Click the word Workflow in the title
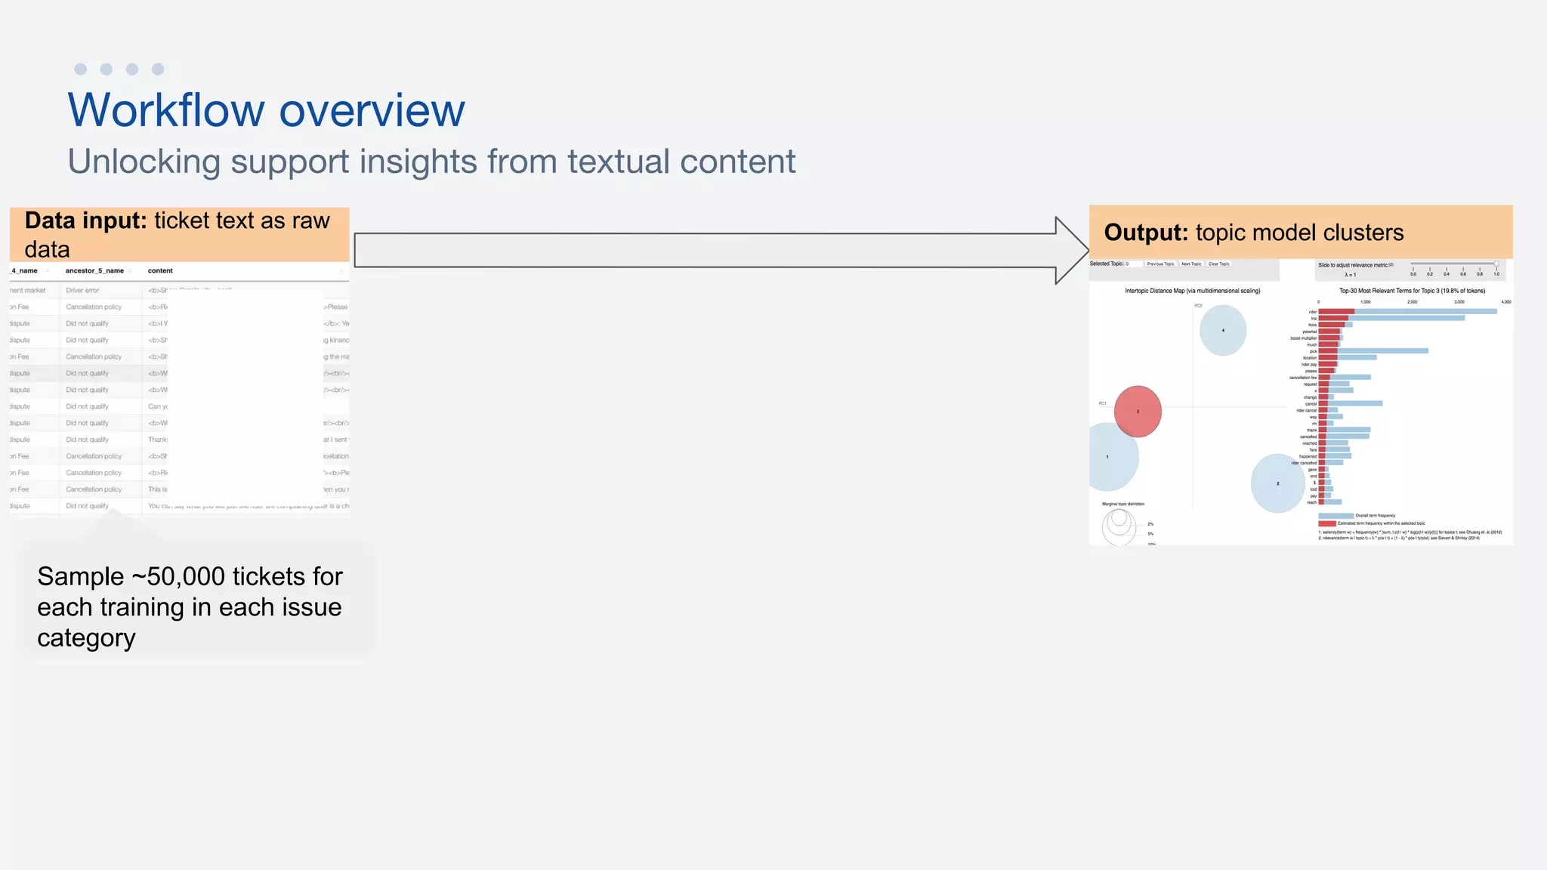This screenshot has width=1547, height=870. coord(166,110)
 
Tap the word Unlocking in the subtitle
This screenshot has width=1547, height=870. coord(144,162)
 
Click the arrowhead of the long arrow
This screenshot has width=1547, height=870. coord(1071,251)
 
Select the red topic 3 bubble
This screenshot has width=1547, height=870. coord(1138,412)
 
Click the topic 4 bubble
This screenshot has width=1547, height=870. coord(1223,330)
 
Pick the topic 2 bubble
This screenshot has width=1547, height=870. coord(1277,483)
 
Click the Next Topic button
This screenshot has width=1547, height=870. coord(1191,264)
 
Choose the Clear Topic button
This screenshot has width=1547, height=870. coord(1218,264)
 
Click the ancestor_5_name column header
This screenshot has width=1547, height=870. coord(94,271)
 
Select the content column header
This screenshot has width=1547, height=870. coord(160,271)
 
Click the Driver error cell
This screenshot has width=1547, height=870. coord(82,291)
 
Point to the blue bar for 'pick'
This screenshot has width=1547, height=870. coord(1382,351)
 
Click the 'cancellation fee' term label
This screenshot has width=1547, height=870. coord(1303,378)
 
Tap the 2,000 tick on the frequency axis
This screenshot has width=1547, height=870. coord(1412,302)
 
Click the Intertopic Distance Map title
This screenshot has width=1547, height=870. coord(1192,291)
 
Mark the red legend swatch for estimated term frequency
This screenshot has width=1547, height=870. coord(1326,523)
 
